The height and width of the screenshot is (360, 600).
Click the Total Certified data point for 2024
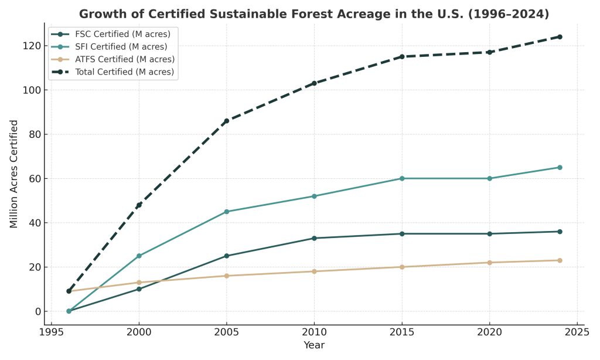560,37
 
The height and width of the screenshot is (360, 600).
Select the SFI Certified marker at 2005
227,212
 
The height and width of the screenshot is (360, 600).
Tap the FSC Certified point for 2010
314,238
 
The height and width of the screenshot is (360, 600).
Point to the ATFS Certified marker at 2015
402,267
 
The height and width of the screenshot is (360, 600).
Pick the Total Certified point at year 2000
139,205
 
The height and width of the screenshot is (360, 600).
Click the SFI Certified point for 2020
490,178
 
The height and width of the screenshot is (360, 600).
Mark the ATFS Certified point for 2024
560,260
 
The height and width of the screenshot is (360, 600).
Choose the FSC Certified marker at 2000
139,289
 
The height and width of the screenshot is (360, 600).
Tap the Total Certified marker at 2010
314,83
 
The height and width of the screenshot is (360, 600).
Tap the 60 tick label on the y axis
34,178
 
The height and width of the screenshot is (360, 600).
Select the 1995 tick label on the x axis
52,331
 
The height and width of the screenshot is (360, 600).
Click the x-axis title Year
314,345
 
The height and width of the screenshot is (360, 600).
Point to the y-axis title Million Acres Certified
14,174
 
